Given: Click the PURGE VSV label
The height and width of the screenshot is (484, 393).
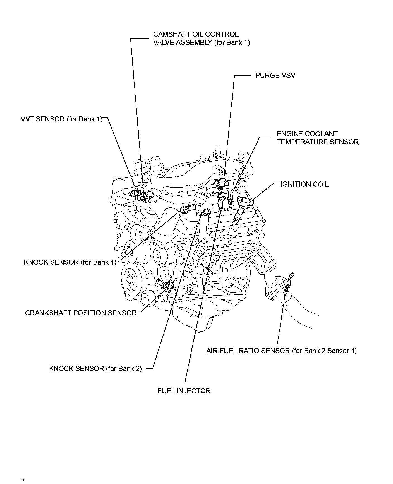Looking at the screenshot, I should (275, 75).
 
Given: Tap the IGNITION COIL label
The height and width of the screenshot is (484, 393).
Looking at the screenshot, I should (305, 184).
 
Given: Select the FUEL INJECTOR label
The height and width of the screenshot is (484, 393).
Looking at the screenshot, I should (184, 391).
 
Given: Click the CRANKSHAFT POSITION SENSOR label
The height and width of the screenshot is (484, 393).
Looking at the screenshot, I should (81, 313).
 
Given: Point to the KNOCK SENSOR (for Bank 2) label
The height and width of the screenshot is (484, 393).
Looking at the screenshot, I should (95, 368).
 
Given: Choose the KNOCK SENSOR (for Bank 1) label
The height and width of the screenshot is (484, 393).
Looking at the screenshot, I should (70, 262).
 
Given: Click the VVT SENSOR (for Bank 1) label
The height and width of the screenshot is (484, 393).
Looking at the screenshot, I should (62, 119).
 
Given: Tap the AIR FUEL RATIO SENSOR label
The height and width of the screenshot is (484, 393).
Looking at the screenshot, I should (281, 351).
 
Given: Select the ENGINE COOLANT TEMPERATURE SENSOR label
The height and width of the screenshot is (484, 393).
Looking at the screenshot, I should (317, 138).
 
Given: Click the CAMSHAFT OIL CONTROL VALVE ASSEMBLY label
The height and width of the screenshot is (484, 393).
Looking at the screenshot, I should (201, 38).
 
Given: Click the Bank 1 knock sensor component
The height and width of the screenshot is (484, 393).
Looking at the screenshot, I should (186, 209).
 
